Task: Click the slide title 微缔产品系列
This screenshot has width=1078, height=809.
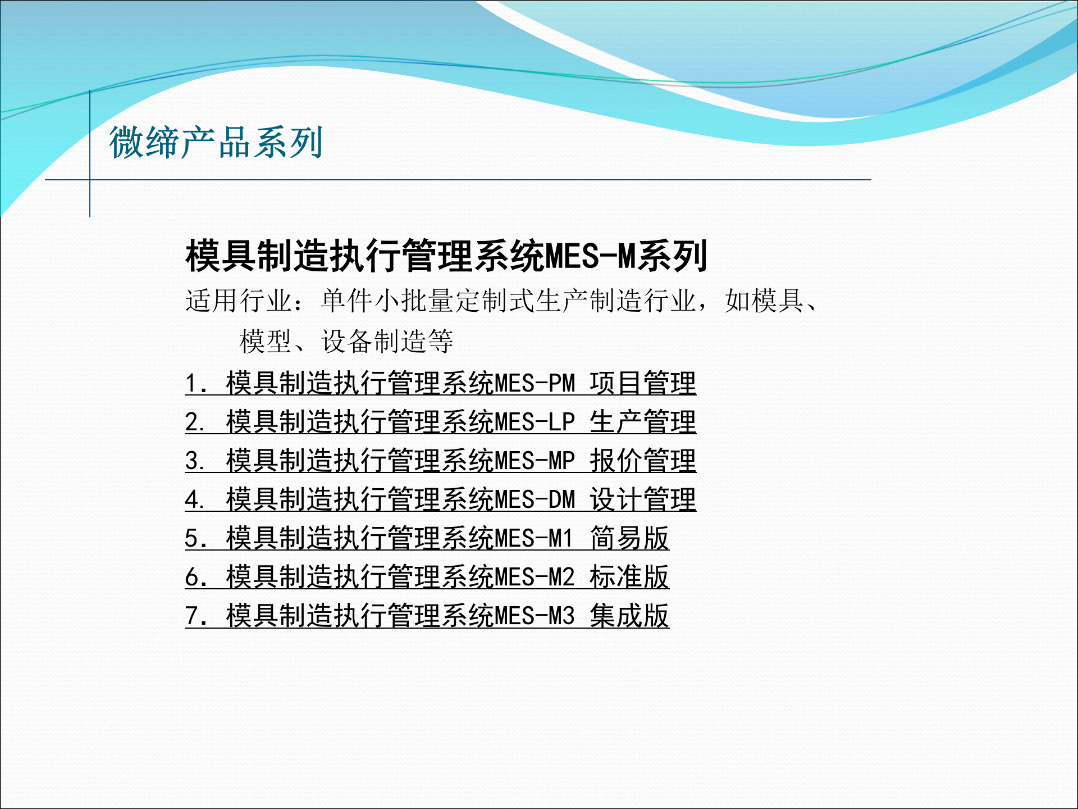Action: [x=216, y=143]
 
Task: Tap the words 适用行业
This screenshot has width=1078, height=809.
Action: [x=239, y=301]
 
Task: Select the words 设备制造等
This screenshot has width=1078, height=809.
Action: [x=387, y=342]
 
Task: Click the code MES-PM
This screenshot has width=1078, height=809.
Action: [x=535, y=384]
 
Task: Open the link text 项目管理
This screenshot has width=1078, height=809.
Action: [x=642, y=384]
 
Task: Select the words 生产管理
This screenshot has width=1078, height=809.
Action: [x=642, y=422]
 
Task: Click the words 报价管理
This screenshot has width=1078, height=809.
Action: [x=642, y=461]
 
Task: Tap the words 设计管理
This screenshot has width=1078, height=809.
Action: [x=642, y=500]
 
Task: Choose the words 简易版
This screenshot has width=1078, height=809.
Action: [x=629, y=539]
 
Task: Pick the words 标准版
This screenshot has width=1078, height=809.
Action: [x=629, y=578]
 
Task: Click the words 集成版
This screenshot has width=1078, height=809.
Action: [x=629, y=616]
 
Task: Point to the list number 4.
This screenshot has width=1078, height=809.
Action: [x=193, y=500]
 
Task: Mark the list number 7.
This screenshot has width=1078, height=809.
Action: [x=193, y=616]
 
